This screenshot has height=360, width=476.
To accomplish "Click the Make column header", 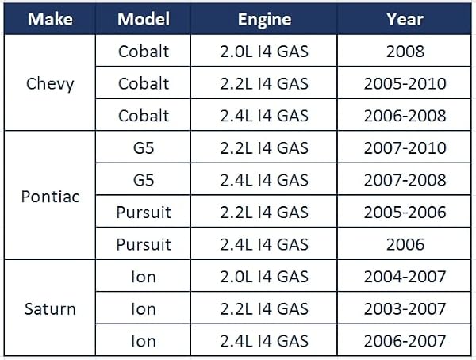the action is pos(50,19).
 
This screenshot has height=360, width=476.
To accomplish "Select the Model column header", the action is pos(144,19).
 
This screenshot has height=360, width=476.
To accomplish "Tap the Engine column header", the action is pos(264,19).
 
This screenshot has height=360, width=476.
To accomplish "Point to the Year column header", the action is pos(405,19).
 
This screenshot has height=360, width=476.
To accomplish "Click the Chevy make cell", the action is pos(50,84).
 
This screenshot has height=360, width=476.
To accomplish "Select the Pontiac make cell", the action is pos(51,197).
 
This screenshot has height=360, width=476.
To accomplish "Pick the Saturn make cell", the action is pos(50,309).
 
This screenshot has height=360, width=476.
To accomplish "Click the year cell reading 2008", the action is pos(405,52).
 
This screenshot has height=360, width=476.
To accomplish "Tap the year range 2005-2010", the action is pos(405,83).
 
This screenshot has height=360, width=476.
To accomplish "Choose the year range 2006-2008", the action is pos(405,116).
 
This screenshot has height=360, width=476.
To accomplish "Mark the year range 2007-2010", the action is pos(405,147).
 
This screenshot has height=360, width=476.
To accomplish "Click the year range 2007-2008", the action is pos(405,180).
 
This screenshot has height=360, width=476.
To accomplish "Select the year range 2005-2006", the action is pos(405,213).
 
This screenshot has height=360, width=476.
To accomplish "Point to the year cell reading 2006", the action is pos(405,244).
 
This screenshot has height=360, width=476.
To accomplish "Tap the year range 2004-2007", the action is pos(405,277).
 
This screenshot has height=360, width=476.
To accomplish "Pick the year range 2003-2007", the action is pos(405,308).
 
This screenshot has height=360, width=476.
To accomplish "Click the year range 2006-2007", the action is pos(405,341).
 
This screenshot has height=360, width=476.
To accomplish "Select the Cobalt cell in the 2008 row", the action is pos(144,52).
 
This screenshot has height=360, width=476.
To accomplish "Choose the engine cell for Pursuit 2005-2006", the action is pos(264,213).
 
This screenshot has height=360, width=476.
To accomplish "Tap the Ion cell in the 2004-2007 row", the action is pos(144,277).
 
